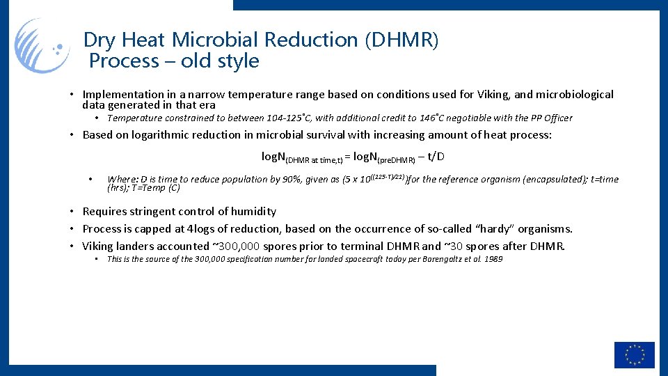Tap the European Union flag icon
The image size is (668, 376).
pos(634,355)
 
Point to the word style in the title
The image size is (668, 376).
pos(237,61)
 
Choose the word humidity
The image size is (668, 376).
pos(250,212)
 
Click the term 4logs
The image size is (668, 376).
pos(202,229)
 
